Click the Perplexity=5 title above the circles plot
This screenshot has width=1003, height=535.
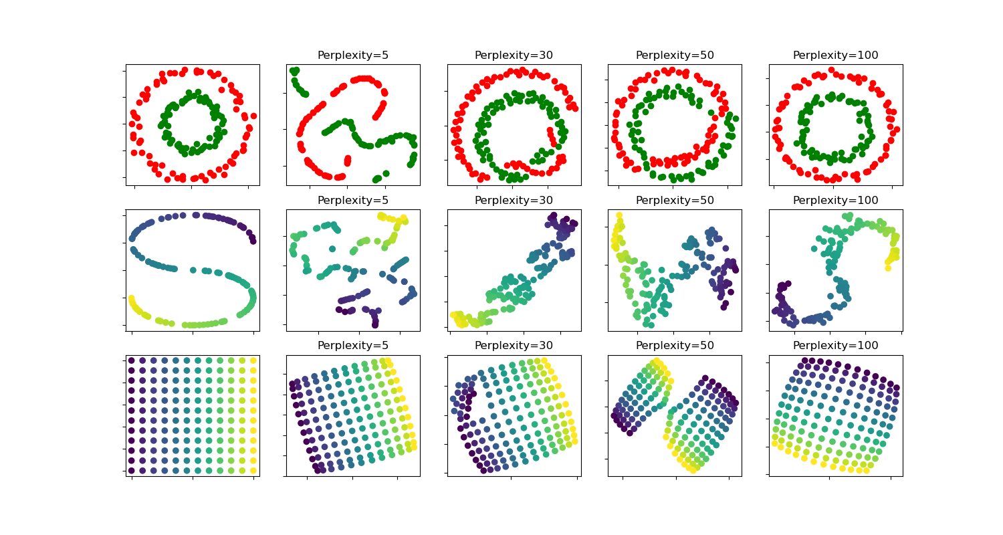353,56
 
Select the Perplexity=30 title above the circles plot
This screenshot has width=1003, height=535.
514,56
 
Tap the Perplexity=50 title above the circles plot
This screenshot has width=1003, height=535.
675,56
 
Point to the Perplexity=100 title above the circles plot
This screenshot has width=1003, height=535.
835,56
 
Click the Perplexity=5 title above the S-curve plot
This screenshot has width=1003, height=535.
353,201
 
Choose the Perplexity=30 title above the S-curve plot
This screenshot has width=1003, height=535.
514,201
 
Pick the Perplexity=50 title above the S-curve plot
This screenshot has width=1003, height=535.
675,201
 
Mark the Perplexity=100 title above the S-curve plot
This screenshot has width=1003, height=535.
835,201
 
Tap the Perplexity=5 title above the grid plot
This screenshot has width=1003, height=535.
353,346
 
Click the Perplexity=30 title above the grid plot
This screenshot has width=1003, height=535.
514,346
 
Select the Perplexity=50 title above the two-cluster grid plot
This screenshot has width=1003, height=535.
675,346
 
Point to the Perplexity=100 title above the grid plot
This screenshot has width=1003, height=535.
835,346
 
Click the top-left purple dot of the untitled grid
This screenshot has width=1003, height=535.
132,360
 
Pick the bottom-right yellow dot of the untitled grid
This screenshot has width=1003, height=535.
253,470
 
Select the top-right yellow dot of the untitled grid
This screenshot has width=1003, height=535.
253,360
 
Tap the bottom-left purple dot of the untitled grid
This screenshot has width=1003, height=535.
132,470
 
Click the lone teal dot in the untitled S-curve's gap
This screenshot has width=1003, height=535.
193,270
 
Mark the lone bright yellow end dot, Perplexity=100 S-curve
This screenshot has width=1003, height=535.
889,268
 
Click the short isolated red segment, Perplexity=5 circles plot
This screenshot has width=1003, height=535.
348,160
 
